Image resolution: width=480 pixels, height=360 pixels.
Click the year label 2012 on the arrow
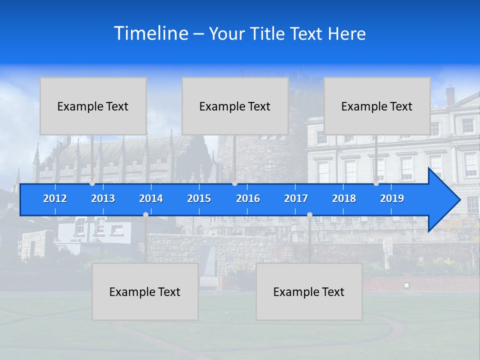pyautogui.click(x=55, y=198)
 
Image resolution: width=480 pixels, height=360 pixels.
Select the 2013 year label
pyautogui.click(x=103, y=198)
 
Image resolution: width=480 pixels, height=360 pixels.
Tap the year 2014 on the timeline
pyautogui.click(x=151, y=198)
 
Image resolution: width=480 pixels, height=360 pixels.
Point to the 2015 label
pyautogui.click(x=199, y=198)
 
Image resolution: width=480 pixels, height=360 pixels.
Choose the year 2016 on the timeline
pyautogui.click(x=248, y=198)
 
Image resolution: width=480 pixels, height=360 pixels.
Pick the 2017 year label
pyautogui.click(x=296, y=198)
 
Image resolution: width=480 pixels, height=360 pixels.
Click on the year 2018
pyautogui.click(x=344, y=198)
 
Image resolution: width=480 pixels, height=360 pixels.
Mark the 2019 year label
pyautogui.click(x=392, y=198)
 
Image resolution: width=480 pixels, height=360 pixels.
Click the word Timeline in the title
pyautogui.click(x=150, y=33)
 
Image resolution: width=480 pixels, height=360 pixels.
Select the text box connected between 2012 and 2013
pyautogui.click(x=93, y=106)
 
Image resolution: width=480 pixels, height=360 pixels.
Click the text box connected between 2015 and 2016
pyautogui.click(x=235, y=106)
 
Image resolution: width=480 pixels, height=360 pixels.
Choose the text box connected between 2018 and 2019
pyautogui.click(x=377, y=106)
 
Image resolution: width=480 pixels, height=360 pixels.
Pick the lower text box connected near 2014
pyautogui.click(x=145, y=291)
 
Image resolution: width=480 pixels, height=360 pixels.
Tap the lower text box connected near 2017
pyautogui.click(x=309, y=291)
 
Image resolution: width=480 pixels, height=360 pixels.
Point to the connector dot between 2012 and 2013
pyautogui.click(x=92, y=183)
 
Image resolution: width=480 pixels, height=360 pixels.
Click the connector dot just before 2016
pyautogui.click(x=234, y=183)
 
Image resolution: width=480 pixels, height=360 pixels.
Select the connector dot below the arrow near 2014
pyautogui.click(x=145, y=214)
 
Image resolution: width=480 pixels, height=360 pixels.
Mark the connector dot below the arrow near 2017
pyautogui.click(x=309, y=214)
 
